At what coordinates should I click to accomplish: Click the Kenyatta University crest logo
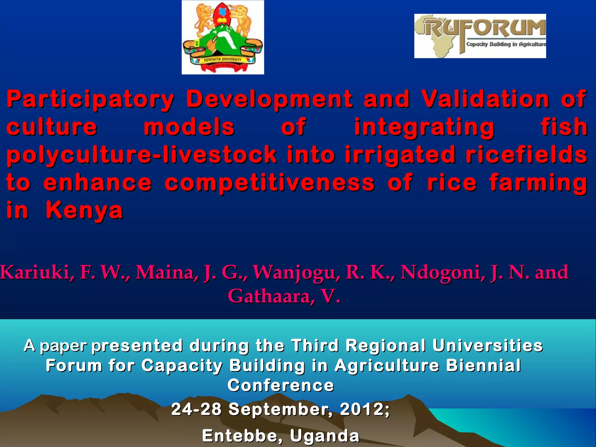click(x=223, y=37)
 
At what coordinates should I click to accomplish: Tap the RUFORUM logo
click(x=480, y=36)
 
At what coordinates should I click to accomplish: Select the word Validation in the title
click(x=485, y=99)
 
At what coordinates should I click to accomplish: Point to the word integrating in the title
click(x=424, y=127)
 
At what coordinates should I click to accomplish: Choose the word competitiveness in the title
click(x=269, y=183)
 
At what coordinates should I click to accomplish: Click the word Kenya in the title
click(x=84, y=210)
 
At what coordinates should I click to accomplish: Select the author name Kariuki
click(x=35, y=272)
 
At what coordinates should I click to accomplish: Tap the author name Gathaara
click(x=271, y=296)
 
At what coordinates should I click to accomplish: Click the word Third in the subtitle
click(x=315, y=346)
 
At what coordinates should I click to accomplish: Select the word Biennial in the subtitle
click(x=483, y=366)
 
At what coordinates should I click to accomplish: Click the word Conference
click(x=281, y=385)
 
